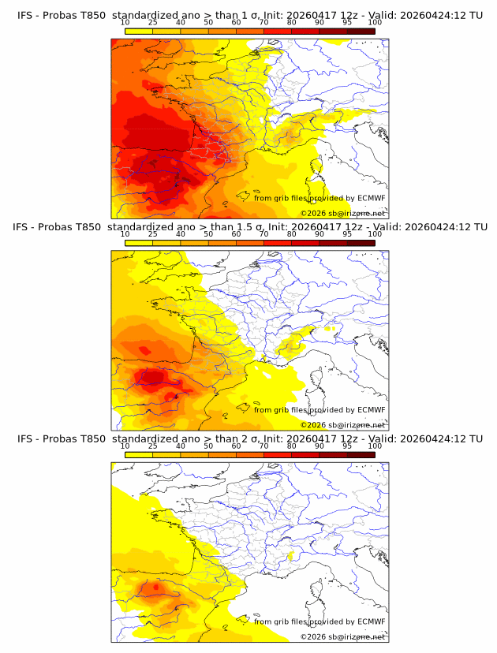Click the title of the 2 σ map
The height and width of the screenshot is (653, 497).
click(250, 438)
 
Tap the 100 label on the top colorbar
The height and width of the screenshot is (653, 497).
click(375, 24)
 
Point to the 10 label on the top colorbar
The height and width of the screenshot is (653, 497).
click(125, 24)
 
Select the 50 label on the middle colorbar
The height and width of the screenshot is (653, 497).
click(208, 234)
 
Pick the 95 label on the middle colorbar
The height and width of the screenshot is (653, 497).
click(347, 234)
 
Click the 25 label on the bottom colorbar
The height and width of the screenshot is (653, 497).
click(152, 446)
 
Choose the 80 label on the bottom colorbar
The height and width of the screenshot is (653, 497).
click(292, 446)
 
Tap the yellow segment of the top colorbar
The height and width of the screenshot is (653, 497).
click(139, 32)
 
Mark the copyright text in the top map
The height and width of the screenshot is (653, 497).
click(342, 214)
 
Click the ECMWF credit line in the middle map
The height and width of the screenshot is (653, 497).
click(319, 410)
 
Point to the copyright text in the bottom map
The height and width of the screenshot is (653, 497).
click(342, 636)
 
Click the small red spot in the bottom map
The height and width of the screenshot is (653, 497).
click(155, 587)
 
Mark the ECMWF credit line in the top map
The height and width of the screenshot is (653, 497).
click(319, 199)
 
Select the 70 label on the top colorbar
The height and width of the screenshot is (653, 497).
click(263, 24)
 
